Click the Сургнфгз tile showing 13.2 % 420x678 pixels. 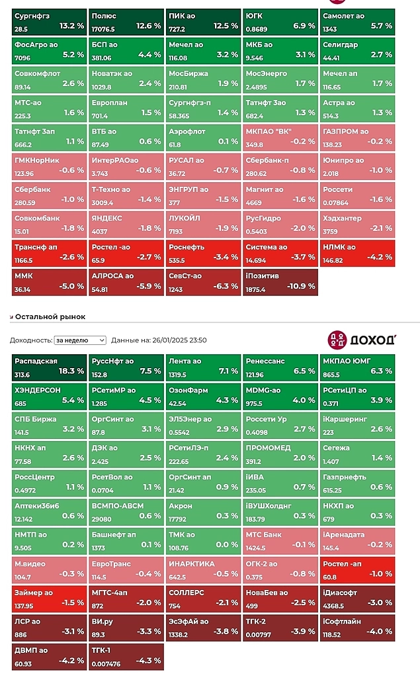[x=50, y=21]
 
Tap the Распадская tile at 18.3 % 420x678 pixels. [x=50, y=367]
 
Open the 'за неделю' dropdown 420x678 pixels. [x=80, y=340]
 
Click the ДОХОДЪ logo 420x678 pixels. [x=362, y=340]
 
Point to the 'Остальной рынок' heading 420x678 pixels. [x=50, y=316]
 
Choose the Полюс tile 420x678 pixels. [x=126, y=21]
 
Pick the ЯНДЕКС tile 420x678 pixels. [x=126, y=224]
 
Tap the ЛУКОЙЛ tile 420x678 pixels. [x=204, y=224]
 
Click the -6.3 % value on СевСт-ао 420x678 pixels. [x=226, y=286]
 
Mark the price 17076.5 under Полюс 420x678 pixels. [x=105, y=29]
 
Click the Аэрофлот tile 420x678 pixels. [x=204, y=137]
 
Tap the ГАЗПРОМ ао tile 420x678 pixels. [x=357, y=137]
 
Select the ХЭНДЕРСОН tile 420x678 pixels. [x=50, y=396]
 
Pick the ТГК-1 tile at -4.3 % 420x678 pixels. [x=126, y=655]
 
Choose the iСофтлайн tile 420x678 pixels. [x=357, y=626]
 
